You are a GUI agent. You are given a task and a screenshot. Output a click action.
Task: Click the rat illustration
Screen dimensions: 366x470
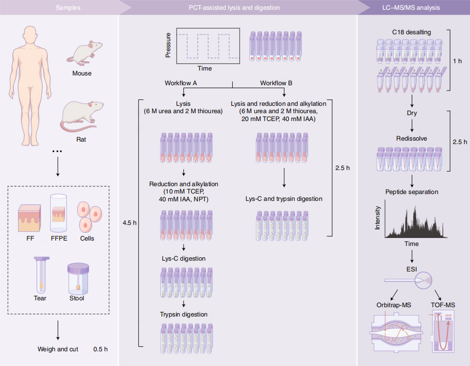81,116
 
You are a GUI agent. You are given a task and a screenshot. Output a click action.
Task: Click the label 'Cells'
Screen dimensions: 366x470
87,239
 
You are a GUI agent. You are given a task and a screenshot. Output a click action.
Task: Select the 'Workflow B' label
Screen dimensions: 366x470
276,83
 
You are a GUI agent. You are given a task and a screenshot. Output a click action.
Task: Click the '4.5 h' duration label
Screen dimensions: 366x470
130,223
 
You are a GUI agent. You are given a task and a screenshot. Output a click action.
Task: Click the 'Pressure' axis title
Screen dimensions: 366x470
168,46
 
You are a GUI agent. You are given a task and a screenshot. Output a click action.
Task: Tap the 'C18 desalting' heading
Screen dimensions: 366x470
411,32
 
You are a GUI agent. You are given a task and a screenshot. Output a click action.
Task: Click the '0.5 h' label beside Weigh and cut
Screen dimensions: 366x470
100,349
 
